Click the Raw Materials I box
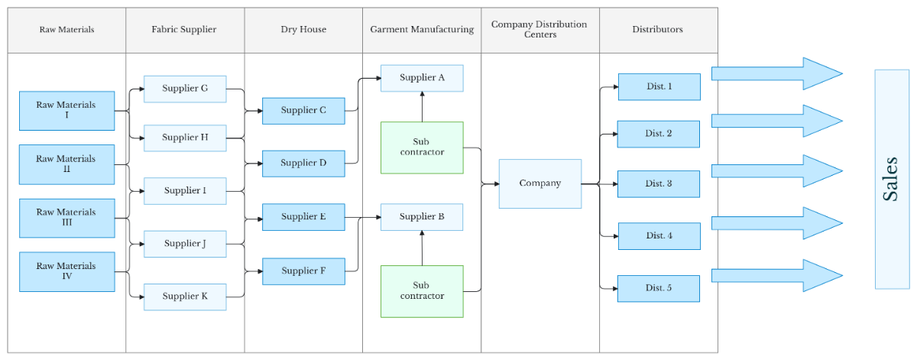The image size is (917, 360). [66, 111]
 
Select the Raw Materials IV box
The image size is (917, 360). [66, 271]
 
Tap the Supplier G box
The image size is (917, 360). [185, 89]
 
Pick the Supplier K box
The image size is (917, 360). [185, 297]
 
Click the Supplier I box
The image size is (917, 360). [185, 190]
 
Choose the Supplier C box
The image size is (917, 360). [303, 111]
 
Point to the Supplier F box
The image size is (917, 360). [303, 271]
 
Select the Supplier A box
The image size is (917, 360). [422, 78]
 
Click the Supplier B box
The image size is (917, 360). [422, 217]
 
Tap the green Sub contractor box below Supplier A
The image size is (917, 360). [422, 148]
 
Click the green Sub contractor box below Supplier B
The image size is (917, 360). [422, 291]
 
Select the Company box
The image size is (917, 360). [540, 183]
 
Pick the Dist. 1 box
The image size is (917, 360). [659, 87]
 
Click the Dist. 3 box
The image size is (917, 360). [659, 184]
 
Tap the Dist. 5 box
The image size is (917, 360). [659, 288]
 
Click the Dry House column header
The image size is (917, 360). [303, 30]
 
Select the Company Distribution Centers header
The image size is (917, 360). [540, 30]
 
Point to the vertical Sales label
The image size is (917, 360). [891, 180]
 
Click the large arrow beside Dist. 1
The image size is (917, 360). [776, 73]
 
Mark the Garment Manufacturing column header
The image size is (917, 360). [422, 30]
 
